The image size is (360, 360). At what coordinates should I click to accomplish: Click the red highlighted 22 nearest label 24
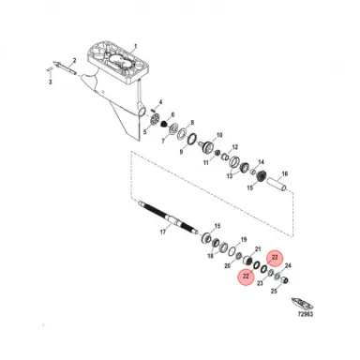click(x=274, y=256)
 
